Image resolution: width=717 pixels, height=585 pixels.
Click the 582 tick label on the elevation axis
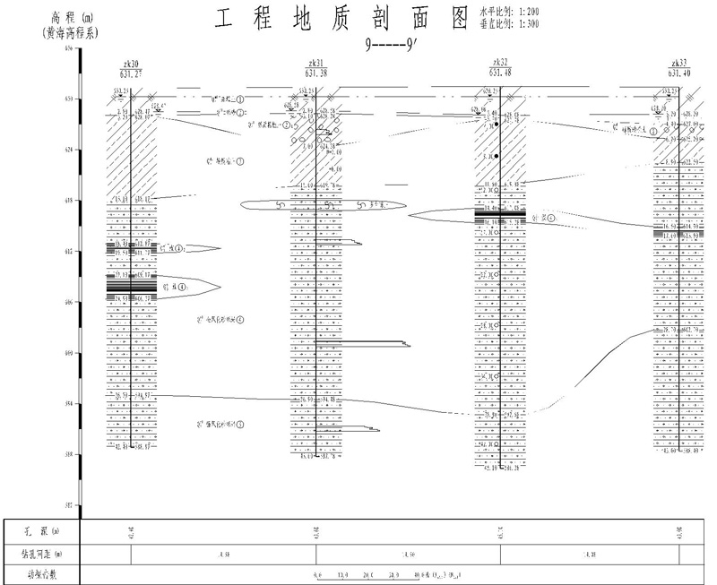click(x=70, y=505)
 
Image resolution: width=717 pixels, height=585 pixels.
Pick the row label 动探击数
click(x=39, y=574)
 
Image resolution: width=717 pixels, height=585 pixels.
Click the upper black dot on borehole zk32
click(x=495, y=124)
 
